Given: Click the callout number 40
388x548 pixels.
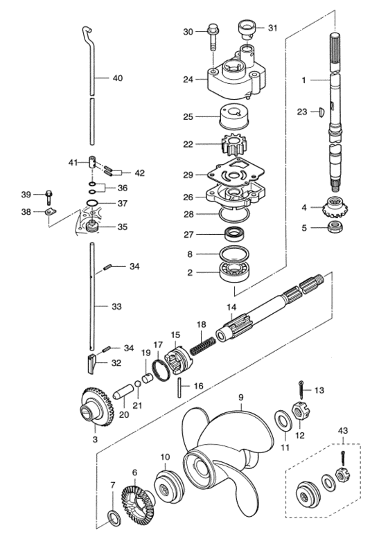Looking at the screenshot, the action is pos(118,78).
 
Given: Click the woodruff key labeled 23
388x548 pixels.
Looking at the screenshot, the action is pos(323,112).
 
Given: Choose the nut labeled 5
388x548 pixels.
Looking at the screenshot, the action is pos(335,227).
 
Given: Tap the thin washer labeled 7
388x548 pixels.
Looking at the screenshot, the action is pos(114,519).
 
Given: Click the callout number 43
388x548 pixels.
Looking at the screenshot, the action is pos(342,431).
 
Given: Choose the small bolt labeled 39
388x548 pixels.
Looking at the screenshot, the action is pos(49,197).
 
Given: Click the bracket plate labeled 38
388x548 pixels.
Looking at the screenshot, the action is pos(51,212).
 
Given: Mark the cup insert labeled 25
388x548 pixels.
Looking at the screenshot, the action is pos(233,116).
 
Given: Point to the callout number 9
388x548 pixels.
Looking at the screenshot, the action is pos(241,398).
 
